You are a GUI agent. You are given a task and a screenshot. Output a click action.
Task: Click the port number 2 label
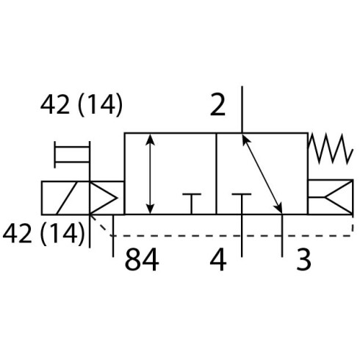click(x=217, y=105)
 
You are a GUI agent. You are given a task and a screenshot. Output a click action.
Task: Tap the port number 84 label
click(x=142, y=259)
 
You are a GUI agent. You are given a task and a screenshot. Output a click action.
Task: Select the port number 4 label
click(x=218, y=259)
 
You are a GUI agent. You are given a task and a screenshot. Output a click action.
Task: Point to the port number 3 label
click(x=303, y=259)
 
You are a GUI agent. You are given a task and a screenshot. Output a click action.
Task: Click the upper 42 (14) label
click(x=81, y=105)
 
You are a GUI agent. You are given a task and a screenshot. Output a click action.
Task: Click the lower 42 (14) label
click(x=43, y=233)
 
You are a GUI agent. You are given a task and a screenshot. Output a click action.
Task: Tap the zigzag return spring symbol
click(x=330, y=149)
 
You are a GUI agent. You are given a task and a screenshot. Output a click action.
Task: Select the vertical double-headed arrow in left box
click(x=150, y=174)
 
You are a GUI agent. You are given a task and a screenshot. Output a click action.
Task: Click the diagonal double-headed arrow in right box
click(x=262, y=174)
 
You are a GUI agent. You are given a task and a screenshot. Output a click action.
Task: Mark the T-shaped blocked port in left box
click(x=192, y=204)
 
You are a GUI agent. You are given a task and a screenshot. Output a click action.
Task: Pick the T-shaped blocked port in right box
click(x=242, y=204)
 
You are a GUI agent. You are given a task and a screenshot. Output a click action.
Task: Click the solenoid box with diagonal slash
click(x=65, y=198)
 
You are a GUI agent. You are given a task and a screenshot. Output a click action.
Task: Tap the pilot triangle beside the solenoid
click(x=103, y=198)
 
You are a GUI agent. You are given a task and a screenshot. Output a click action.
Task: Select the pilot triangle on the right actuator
click(x=339, y=197)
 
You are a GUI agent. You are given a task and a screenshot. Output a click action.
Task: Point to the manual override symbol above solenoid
click(x=72, y=154)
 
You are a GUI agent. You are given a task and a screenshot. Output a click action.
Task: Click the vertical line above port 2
click(x=242, y=109)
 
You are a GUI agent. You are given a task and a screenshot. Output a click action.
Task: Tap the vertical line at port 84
click(x=113, y=236)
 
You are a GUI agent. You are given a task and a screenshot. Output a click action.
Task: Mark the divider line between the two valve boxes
click(x=217, y=174)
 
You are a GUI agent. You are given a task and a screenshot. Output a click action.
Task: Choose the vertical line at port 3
click(x=282, y=236)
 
